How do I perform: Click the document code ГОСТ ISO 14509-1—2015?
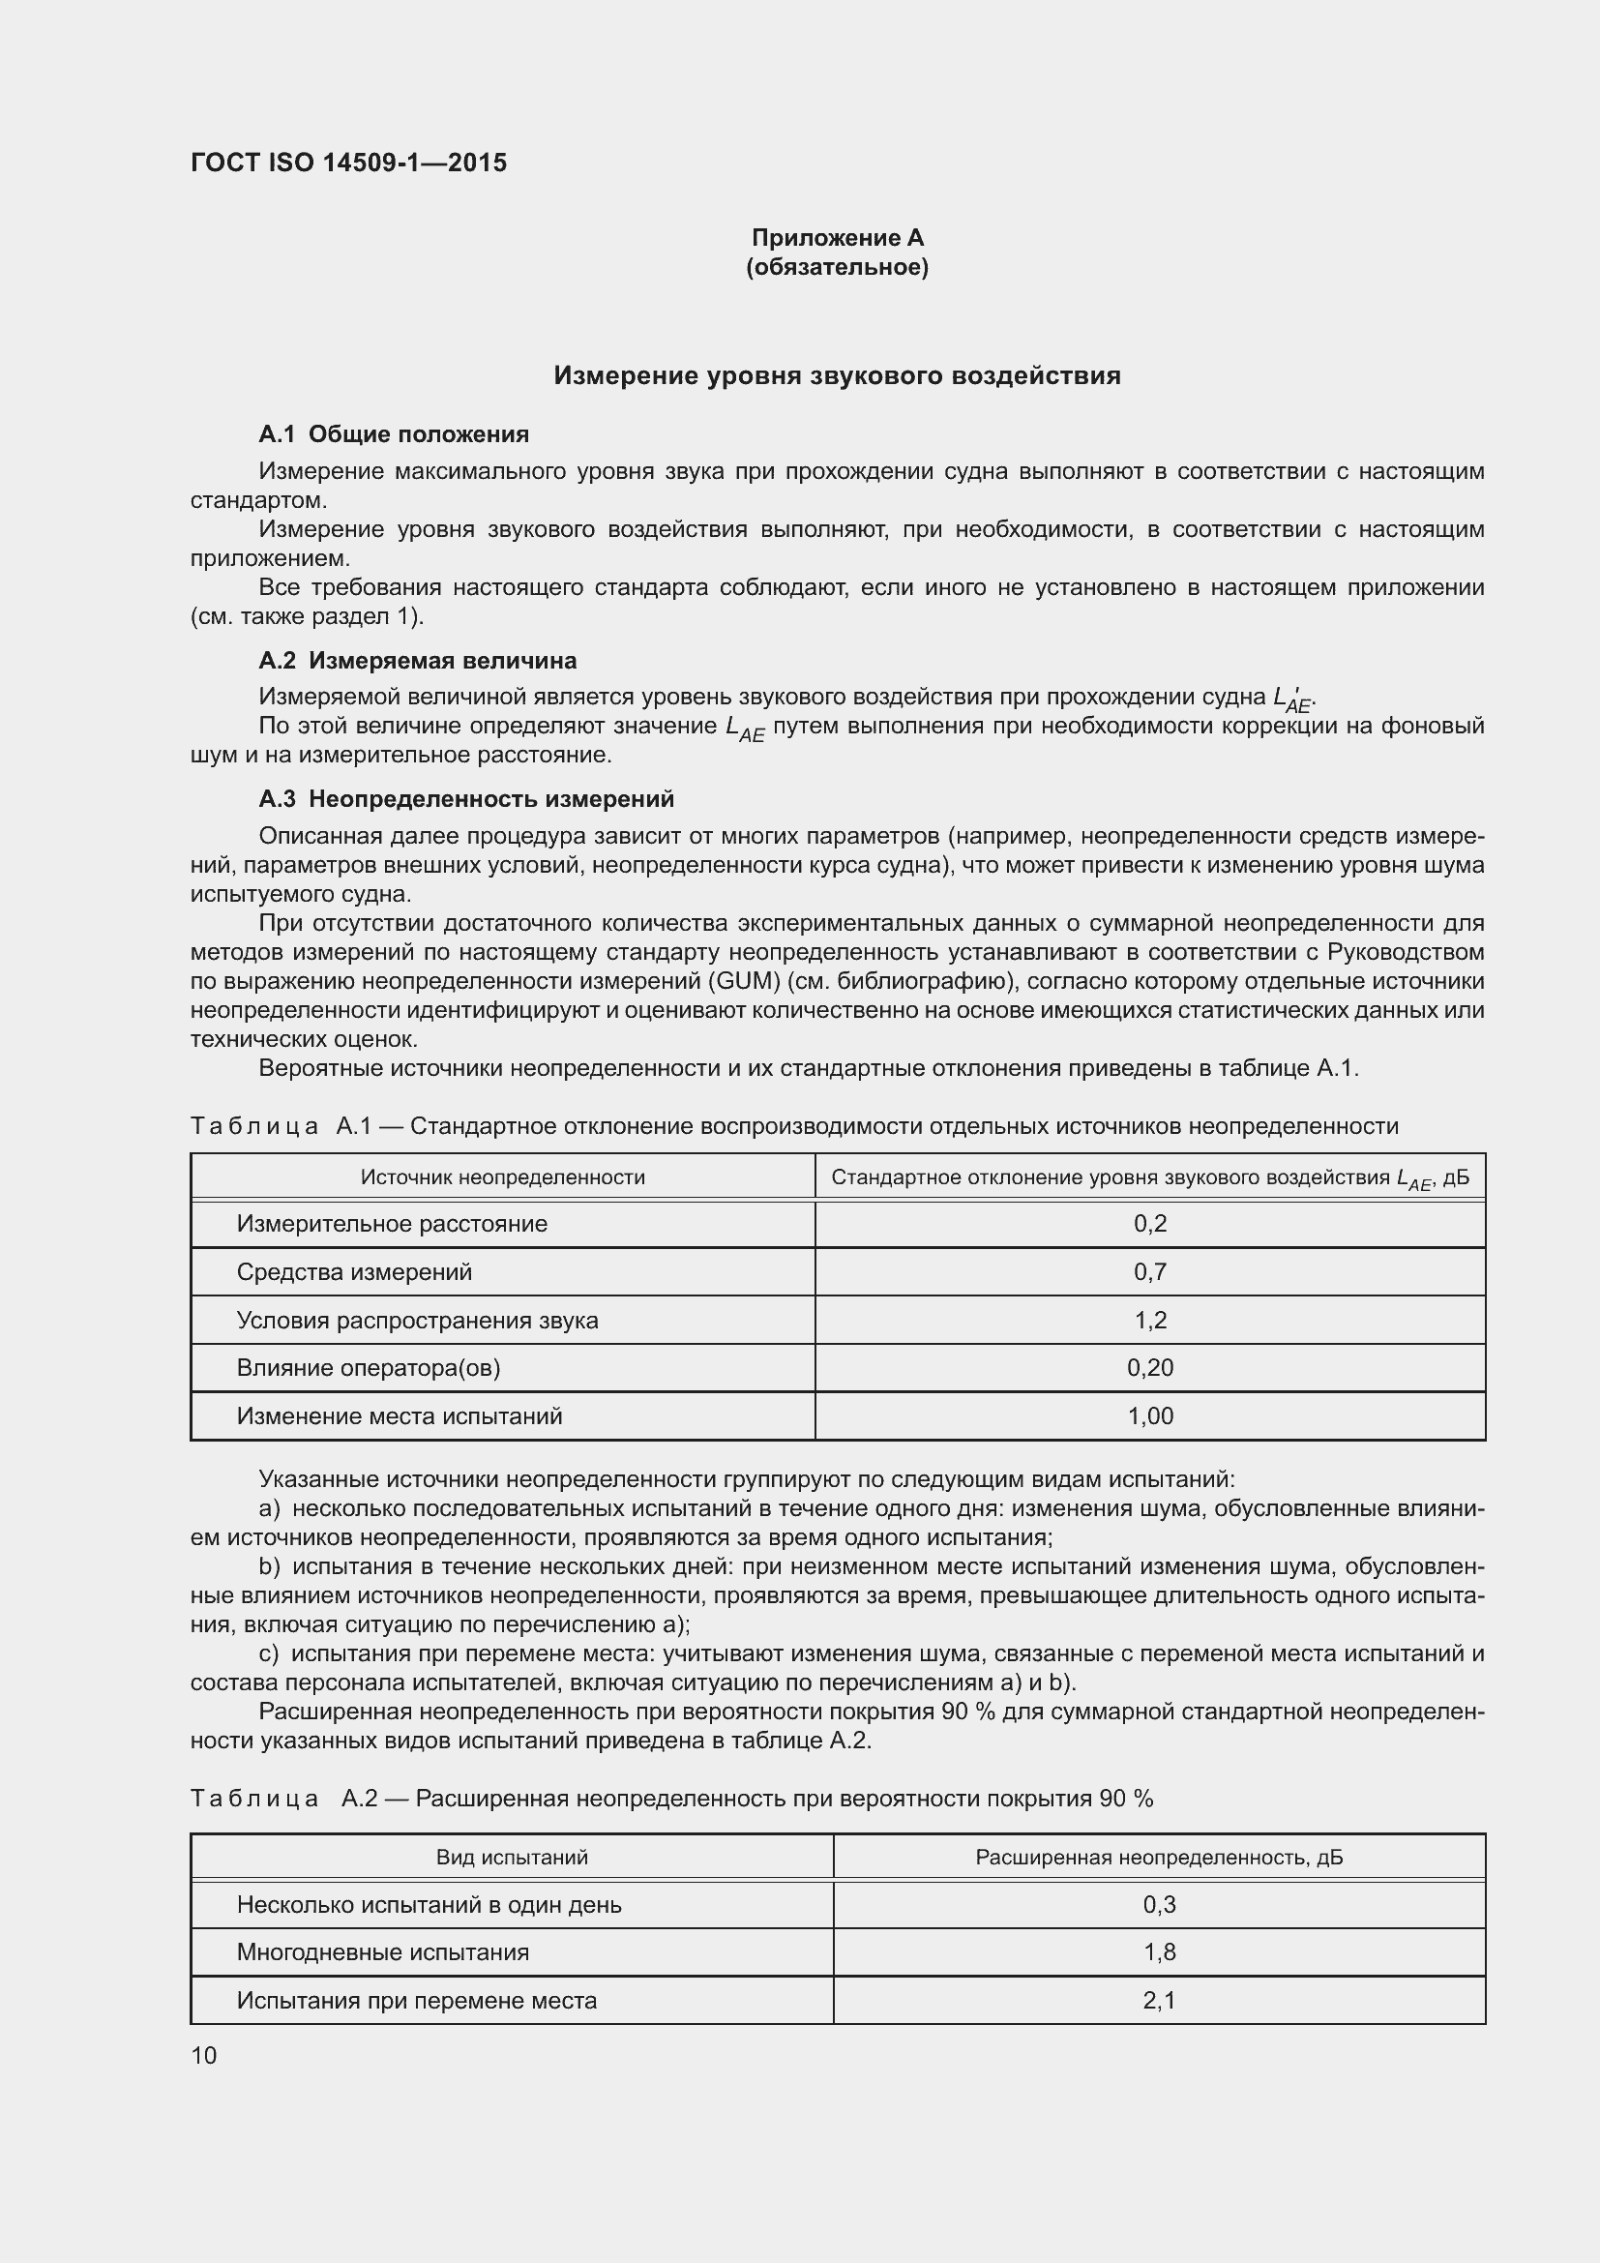pos(349,163)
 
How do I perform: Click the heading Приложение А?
pos(838,238)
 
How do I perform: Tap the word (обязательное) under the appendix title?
pos(838,267)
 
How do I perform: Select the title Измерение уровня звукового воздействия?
pos(837,375)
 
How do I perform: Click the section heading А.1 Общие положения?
pos(393,434)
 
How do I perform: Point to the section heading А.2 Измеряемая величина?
pos(417,661)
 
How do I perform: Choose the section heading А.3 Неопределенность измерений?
pos(466,798)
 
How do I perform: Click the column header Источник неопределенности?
pos(502,1176)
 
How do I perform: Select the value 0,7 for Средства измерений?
pos(1150,1271)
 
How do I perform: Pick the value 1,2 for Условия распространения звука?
pos(1150,1320)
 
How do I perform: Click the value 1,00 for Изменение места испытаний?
pos(1150,1415)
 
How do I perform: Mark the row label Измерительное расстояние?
pos(392,1223)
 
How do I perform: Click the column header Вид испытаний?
pos(512,1857)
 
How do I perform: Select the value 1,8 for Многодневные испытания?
pos(1159,1951)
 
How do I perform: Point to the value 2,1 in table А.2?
pos(1159,2000)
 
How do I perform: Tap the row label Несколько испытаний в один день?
pos(429,1904)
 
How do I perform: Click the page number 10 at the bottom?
pos(204,2055)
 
